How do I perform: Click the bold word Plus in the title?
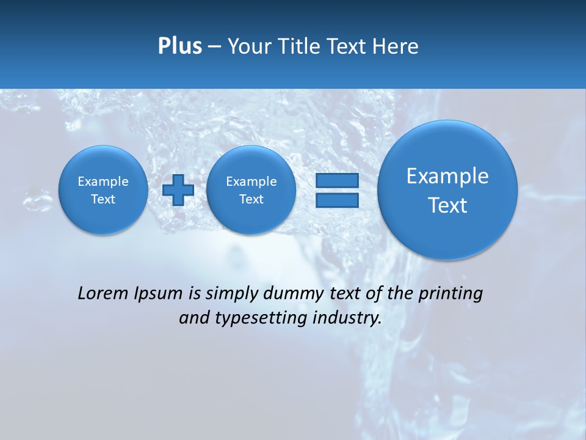click(179, 46)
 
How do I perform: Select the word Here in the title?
click(396, 46)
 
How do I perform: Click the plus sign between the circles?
click(178, 190)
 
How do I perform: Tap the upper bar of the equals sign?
click(337, 181)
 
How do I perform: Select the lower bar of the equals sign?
click(337, 200)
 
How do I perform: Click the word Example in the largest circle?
click(447, 176)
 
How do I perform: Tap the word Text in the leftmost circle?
click(103, 199)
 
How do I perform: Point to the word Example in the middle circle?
click(251, 182)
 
